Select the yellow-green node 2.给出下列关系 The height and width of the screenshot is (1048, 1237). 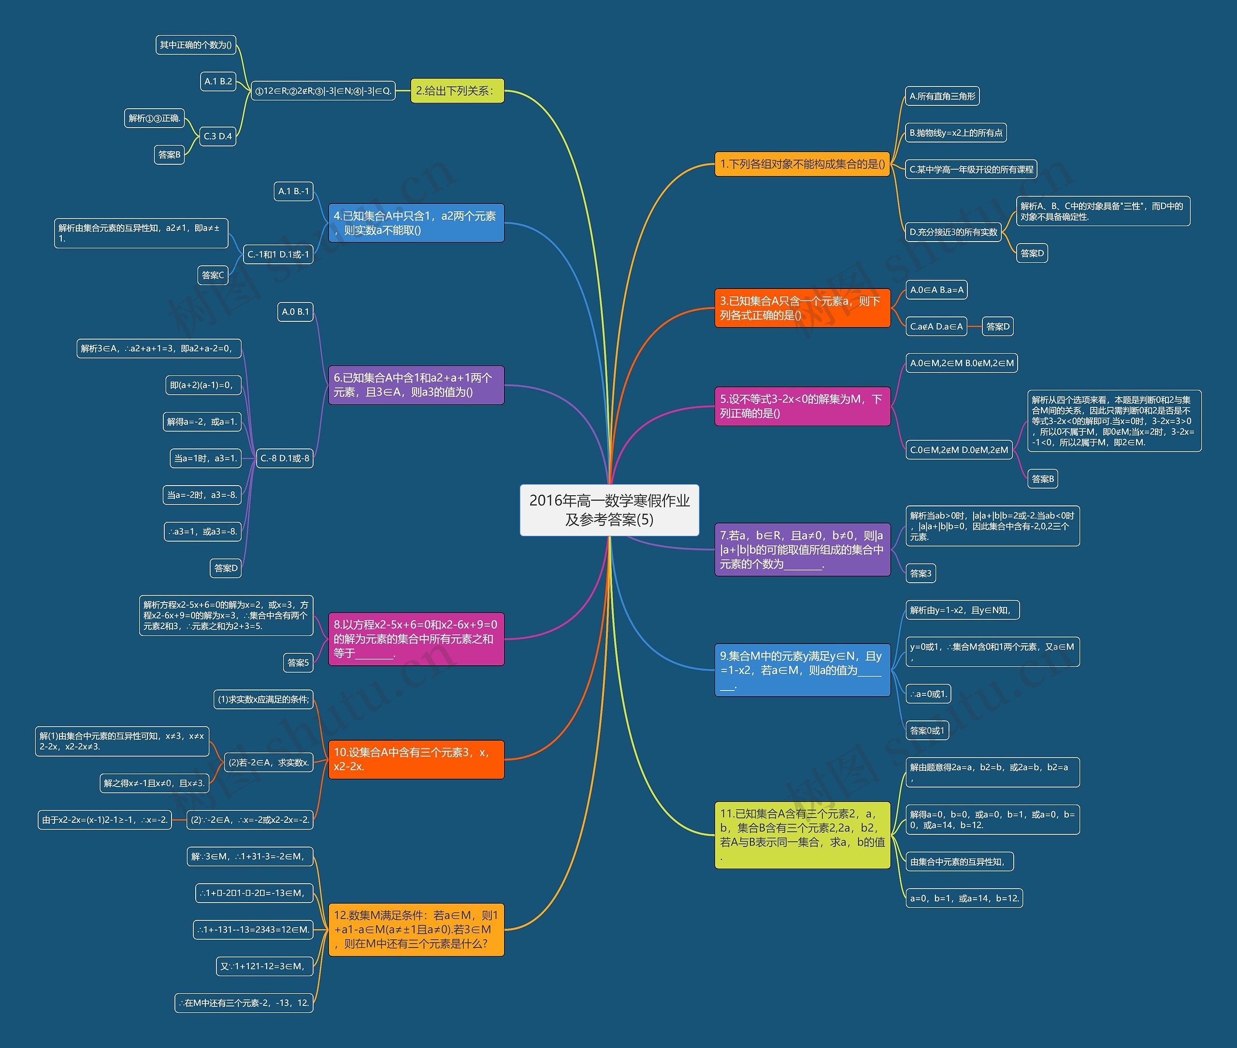click(457, 91)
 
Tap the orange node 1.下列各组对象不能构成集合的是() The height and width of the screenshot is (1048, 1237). click(802, 164)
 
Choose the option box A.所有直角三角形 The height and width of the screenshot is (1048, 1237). click(942, 96)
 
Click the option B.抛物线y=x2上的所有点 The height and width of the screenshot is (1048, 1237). click(955, 133)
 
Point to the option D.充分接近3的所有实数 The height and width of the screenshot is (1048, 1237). click(953, 232)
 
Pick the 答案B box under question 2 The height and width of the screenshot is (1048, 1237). click(169, 155)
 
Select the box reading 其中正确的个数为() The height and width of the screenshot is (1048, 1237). click(196, 45)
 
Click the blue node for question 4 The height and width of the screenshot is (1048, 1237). click(416, 223)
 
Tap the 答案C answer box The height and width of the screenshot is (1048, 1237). click(213, 275)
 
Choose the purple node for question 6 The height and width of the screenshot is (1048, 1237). click(416, 385)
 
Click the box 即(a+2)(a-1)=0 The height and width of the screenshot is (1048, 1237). click(202, 385)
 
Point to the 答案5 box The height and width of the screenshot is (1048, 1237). click(298, 662)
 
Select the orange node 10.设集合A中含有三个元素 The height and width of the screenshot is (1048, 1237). click(416, 759)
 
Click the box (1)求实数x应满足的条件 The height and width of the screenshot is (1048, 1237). click(263, 699)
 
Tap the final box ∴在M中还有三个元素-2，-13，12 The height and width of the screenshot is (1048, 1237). click(244, 1003)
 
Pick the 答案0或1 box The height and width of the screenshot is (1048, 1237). click(927, 731)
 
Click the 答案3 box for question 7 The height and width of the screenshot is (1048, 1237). click(921, 574)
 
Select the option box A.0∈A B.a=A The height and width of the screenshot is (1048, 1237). click(936, 290)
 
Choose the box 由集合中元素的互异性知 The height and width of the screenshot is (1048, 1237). click(959, 861)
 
